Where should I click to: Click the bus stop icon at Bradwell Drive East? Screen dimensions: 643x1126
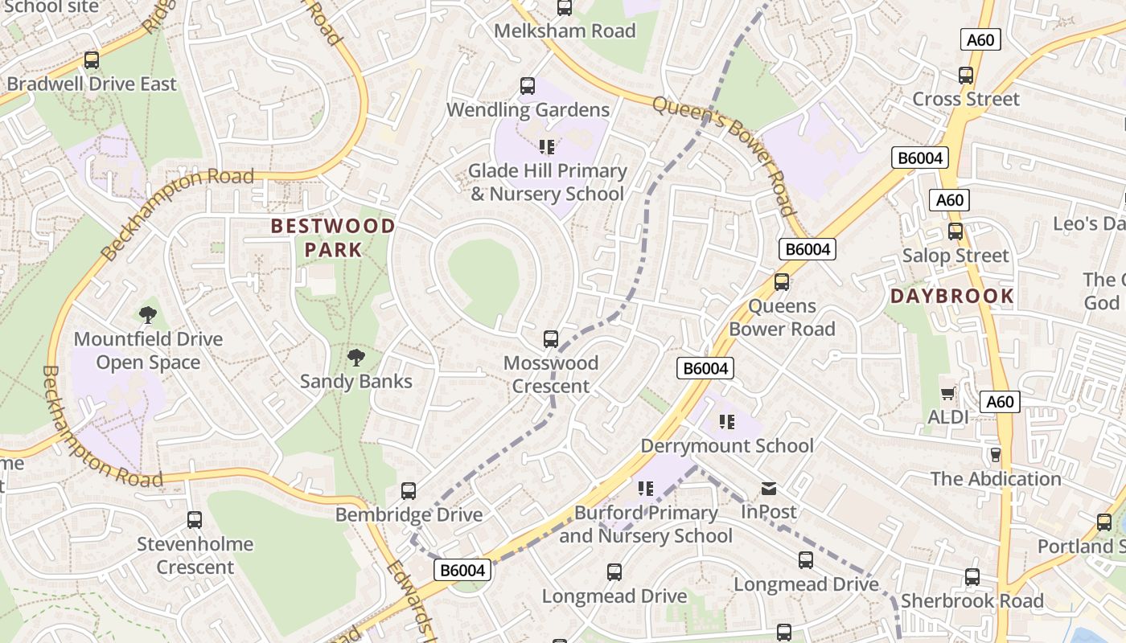pos(92,60)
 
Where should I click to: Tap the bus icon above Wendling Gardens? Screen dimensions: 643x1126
pos(528,86)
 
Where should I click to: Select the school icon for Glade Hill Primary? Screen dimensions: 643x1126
pos(547,147)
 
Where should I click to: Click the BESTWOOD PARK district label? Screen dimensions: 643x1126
pos(333,238)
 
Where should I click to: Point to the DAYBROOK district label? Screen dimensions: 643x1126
pos(951,297)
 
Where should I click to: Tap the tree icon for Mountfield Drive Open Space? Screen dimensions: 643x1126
pos(147,315)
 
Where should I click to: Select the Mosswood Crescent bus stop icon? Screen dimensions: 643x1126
pos(551,339)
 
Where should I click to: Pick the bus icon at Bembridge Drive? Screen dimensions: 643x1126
pos(409,491)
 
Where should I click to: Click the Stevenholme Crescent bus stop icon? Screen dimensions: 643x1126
pos(195,520)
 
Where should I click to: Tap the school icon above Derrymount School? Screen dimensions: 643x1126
pos(727,422)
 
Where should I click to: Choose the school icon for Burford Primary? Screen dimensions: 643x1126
pos(645,489)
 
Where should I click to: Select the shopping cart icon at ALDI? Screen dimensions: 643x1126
pos(948,393)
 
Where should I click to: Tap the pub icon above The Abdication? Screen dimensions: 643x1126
pos(996,455)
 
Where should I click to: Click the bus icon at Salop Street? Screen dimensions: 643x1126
pos(955,231)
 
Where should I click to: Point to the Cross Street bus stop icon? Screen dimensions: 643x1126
pos(966,76)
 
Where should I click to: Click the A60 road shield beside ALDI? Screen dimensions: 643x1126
pos(1000,402)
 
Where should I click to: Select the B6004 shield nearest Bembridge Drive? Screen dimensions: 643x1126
pos(462,571)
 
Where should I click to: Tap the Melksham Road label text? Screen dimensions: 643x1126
pos(565,31)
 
